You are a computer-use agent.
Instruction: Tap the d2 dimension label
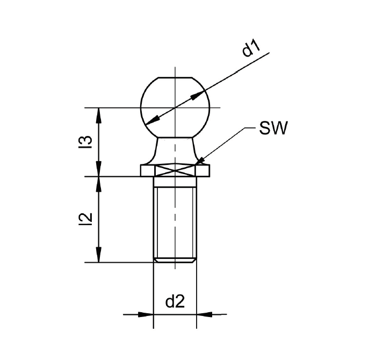(x=175, y=302)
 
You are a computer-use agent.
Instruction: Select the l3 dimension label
(x=85, y=142)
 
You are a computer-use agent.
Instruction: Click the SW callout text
(x=273, y=128)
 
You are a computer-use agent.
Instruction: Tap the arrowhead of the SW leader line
(x=199, y=161)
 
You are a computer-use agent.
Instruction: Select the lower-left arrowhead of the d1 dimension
(x=153, y=121)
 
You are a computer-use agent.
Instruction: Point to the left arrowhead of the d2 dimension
(x=146, y=314)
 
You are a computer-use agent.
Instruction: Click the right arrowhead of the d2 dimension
(x=204, y=314)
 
